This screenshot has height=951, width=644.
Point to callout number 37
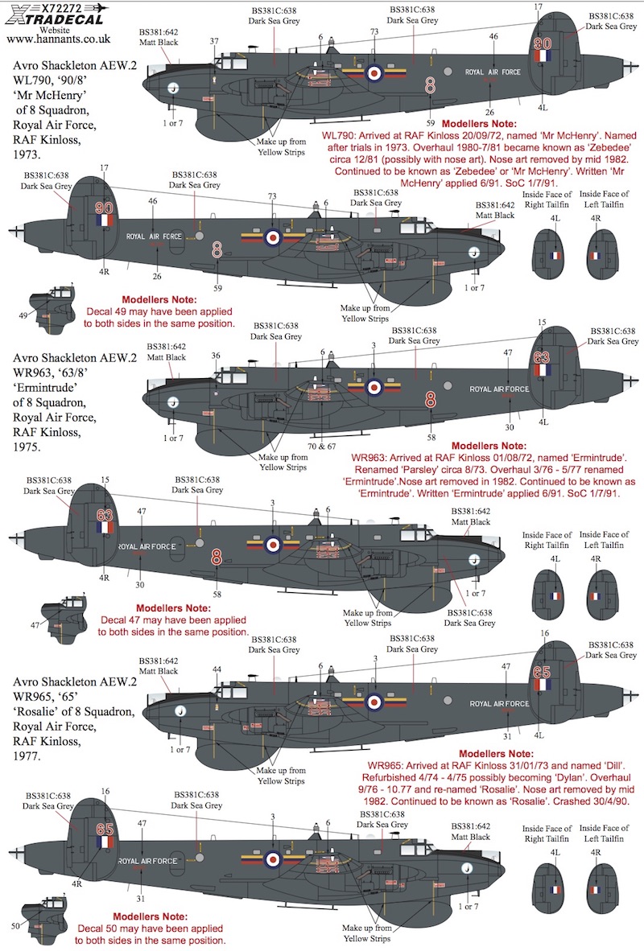[x=214, y=41]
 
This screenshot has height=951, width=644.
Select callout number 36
[x=215, y=355]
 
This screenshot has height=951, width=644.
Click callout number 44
[x=217, y=669]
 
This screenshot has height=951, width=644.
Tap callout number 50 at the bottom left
[x=16, y=926]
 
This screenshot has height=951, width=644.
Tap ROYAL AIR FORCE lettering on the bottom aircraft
[x=148, y=860]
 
